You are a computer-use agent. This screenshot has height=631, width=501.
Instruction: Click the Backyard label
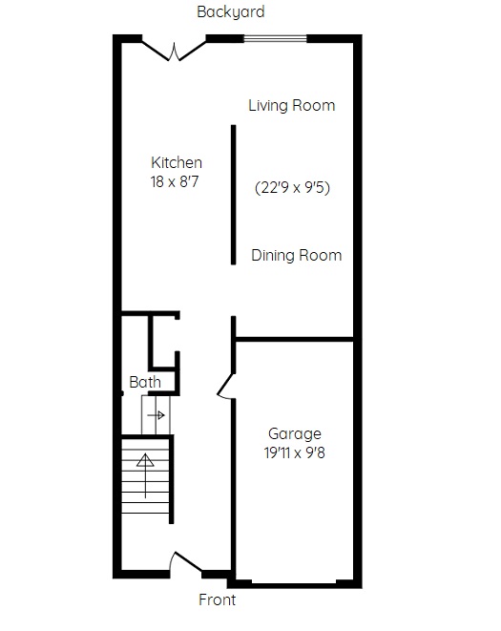coord(231,12)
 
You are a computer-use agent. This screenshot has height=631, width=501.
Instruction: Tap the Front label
coord(218,599)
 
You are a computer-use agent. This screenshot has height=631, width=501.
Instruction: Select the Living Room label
coord(292,105)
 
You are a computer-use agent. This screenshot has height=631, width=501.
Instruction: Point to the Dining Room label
coord(297,256)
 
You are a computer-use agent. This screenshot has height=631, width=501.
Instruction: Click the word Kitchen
coord(177,162)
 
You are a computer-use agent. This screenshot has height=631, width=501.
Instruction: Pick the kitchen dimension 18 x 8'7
coord(175,182)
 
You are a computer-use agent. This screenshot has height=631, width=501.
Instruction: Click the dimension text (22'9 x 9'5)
coord(293,187)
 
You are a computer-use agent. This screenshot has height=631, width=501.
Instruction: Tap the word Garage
coord(295,434)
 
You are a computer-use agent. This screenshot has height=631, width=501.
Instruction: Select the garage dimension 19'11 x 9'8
coord(295,453)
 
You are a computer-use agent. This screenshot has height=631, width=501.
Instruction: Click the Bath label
coord(145,382)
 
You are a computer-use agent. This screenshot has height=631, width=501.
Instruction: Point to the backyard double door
coord(174,52)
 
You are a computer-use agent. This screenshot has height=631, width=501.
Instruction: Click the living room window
coord(275,38)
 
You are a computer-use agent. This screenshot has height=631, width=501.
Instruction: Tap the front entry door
coord(185,562)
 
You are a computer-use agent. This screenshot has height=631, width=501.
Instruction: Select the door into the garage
coord(224,386)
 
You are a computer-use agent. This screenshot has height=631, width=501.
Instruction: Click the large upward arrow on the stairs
coord(145,475)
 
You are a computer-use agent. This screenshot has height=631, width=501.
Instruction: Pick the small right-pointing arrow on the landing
coord(157,415)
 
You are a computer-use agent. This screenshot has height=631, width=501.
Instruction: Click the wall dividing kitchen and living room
coord(234,195)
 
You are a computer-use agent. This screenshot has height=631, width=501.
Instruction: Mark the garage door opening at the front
coord(294,582)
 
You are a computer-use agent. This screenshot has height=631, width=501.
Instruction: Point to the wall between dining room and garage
coord(294,340)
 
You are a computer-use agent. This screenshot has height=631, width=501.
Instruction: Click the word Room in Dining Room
coord(321,256)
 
